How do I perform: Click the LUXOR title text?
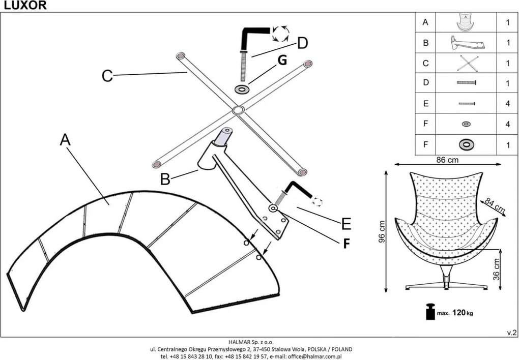25,6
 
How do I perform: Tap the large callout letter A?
65,140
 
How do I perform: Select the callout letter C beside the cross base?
107,76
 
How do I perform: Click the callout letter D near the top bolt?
303,43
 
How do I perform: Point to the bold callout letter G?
282,61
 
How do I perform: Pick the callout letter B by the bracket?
165,179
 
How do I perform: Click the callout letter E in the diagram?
346,224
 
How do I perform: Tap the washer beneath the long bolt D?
242,89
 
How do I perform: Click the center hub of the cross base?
238,110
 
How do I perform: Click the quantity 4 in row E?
508,104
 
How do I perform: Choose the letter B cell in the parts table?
426,43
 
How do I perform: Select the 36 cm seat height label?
497,269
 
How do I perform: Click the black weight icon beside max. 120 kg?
430,312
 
